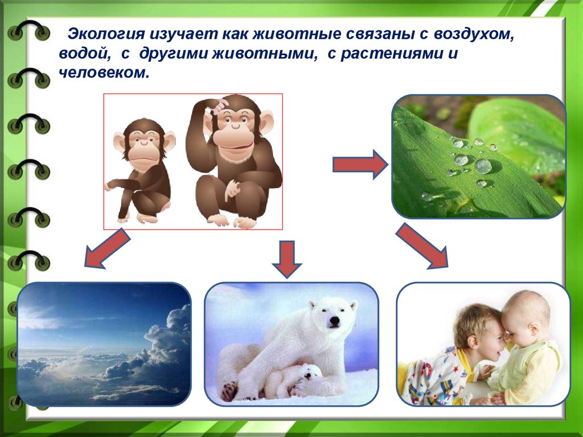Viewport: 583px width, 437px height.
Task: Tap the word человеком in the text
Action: (104, 72)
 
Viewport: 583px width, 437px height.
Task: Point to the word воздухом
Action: (474, 35)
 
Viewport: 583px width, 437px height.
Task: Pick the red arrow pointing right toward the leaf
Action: (360, 164)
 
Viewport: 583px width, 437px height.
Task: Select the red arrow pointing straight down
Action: (287, 259)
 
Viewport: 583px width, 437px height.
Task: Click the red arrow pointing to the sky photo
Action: (107, 248)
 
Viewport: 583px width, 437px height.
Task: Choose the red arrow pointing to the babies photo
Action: (422, 246)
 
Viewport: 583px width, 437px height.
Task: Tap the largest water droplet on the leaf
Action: (483, 166)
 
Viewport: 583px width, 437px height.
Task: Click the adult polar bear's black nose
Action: (335, 321)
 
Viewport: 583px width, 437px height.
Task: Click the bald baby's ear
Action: (534, 329)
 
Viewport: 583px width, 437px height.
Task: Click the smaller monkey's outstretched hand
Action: (110, 185)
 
